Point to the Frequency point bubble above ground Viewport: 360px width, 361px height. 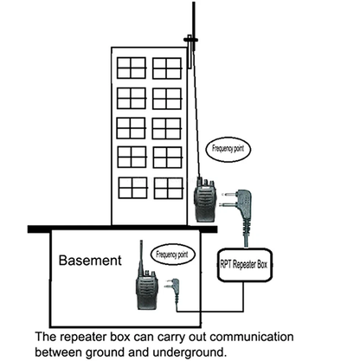[x=231, y=149]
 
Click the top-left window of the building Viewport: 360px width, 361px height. [x=132, y=68]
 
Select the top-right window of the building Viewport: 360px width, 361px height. [x=166, y=68]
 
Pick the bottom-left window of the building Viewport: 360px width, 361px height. [x=132, y=187]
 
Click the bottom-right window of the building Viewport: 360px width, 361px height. [x=166, y=187]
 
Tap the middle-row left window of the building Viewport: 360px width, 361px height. [x=132, y=127]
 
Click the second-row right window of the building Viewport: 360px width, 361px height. [x=166, y=97]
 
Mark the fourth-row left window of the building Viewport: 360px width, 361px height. [x=132, y=157]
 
